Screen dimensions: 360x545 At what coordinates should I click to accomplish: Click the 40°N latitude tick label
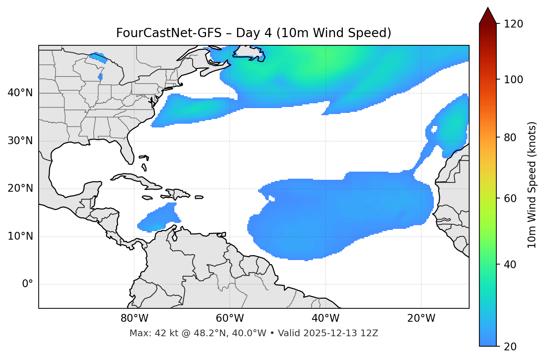click(x=20, y=93)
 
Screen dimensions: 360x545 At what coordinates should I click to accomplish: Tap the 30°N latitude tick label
click(x=20, y=141)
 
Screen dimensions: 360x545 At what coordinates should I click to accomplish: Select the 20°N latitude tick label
click(x=20, y=189)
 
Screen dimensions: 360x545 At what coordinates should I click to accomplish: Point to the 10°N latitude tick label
click(x=20, y=236)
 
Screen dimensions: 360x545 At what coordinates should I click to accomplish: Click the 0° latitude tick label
click(x=28, y=284)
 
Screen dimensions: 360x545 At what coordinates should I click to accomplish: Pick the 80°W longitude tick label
click(x=134, y=318)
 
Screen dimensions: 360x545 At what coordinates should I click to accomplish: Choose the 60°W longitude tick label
click(x=230, y=318)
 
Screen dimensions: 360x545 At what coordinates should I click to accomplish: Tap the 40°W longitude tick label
click(x=326, y=318)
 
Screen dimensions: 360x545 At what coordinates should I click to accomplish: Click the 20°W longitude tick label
click(x=421, y=318)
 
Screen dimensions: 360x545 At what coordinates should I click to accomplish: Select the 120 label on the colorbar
click(x=514, y=24)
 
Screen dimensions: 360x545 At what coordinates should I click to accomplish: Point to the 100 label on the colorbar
click(x=514, y=80)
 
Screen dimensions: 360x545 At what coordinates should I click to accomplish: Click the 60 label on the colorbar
click(x=510, y=198)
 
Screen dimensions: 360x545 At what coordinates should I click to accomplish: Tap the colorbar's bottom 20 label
click(x=510, y=347)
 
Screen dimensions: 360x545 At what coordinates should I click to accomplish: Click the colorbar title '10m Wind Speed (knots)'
click(x=532, y=185)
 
